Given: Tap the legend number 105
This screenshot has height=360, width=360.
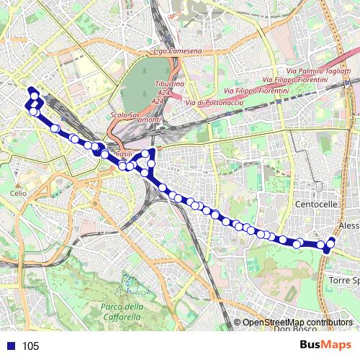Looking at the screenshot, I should coord(30,346).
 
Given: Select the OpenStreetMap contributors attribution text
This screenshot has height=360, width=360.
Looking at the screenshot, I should coord(297,323).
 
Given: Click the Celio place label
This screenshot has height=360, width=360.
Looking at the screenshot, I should coord(18,194).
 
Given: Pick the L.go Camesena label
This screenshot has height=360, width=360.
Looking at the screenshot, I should coord(177,52).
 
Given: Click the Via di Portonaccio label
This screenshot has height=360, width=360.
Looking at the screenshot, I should coord(215,103).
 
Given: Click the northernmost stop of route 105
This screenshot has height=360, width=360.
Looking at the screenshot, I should coord(32,90).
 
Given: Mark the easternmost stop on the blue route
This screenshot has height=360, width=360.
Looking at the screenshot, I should coord(332,241).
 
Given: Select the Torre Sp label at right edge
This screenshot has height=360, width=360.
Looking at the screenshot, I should coord(343,279).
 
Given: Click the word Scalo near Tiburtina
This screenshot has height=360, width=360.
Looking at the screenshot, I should coord(120,115).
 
